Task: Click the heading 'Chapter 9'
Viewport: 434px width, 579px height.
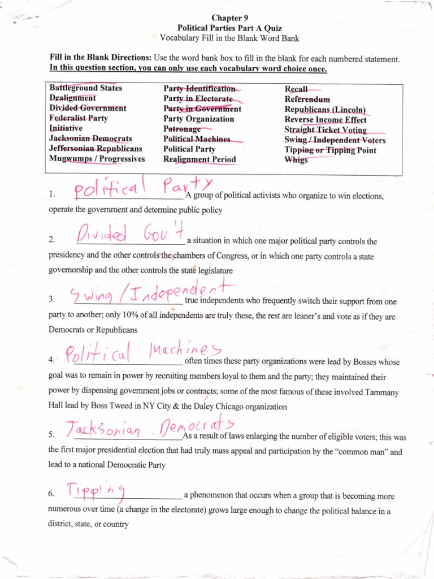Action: (226, 18)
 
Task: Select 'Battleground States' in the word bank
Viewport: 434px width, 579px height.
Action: (85, 88)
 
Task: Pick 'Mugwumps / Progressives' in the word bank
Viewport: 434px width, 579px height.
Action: (97, 159)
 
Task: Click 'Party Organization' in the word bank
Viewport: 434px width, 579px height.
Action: (198, 119)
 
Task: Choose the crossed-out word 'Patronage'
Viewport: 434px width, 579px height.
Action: (182, 129)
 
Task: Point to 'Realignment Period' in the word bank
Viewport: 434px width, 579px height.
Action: (199, 159)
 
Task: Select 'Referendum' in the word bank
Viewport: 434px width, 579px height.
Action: (307, 100)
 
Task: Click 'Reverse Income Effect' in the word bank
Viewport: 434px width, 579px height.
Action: (325, 119)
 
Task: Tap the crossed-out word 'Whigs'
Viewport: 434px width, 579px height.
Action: (296, 159)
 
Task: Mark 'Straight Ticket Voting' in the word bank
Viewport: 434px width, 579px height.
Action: (325, 129)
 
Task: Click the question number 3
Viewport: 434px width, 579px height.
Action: (51, 299)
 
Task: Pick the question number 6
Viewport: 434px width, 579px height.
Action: (51, 494)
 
